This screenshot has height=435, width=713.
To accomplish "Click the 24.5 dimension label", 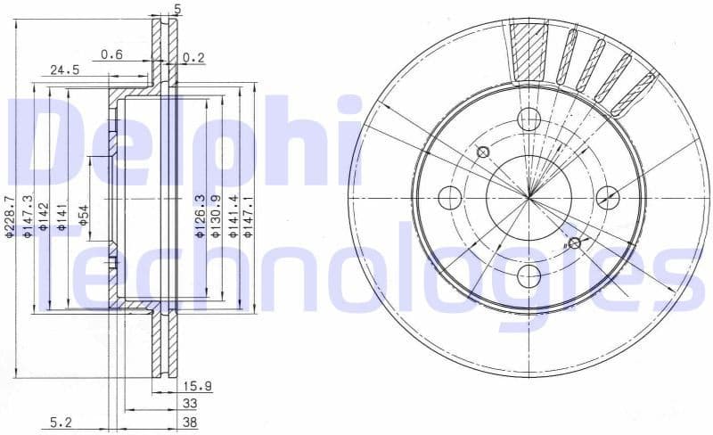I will (x=64, y=70).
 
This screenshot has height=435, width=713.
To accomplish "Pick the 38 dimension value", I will (x=190, y=423).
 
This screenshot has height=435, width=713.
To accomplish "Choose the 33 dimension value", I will (x=190, y=404).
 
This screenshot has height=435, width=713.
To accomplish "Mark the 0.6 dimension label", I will (x=111, y=54).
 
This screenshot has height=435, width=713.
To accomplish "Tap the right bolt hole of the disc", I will (x=608, y=196).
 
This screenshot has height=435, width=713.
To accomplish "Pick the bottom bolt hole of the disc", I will (x=529, y=275).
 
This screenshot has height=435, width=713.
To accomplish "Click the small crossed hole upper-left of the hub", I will (x=483, y=152).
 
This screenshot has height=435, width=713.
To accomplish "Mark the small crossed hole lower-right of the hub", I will (x=575, y=242).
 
